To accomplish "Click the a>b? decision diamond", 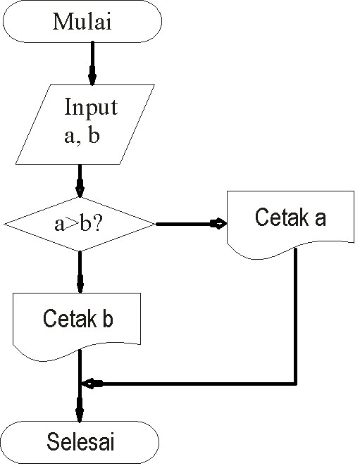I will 79,225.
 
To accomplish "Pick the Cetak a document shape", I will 290,220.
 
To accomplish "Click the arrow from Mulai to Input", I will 92,63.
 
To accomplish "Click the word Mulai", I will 82,21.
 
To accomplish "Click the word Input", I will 91,108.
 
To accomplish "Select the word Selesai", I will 81,443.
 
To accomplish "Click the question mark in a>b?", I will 101,225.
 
